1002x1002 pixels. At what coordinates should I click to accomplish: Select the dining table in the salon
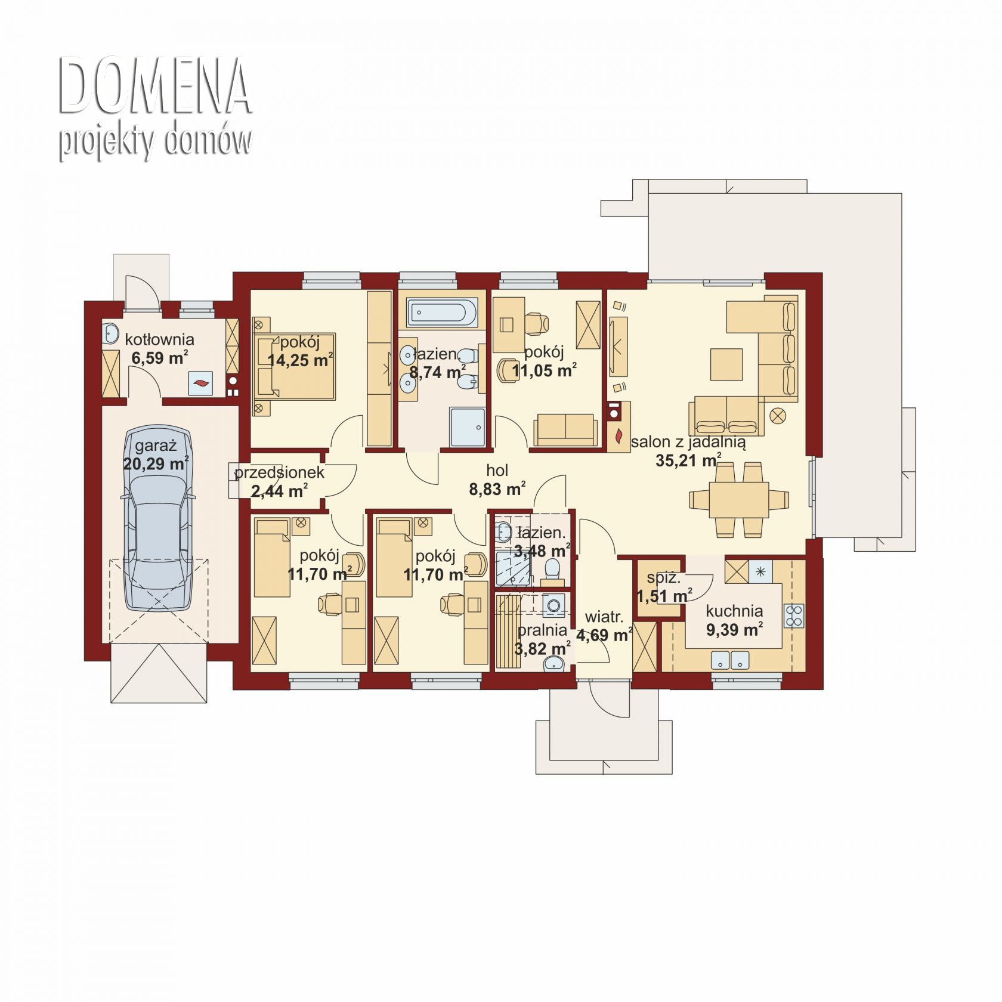pos(738,499)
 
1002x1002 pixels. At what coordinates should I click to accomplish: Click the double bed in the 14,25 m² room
pos(295,365)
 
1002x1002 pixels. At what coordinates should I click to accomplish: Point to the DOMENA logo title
pos(154,87)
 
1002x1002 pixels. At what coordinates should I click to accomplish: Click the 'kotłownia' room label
pos(159,339)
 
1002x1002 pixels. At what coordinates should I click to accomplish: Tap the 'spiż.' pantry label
pos(663,577)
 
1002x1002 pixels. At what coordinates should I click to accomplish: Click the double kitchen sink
pos(731,660)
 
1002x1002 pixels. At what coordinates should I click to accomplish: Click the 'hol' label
pos(497,470)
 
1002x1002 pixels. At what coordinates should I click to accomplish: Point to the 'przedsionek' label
pos(279,473)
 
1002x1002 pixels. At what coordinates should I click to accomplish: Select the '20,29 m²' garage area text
pos(156,463)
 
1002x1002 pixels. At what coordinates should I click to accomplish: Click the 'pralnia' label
pos(542,630)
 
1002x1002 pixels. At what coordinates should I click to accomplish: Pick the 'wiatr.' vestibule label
pos(604,617)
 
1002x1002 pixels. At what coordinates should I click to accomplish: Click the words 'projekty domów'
pos(155,141)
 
